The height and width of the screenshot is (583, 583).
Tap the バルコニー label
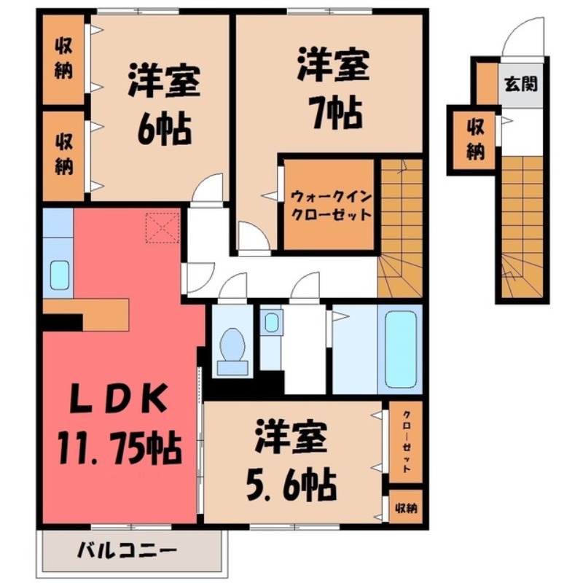(x=127, y=550)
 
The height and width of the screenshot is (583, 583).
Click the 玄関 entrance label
(x=521, y=83)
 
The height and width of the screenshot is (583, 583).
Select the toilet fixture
(x=234, y=347)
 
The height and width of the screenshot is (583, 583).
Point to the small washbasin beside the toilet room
(x=272, y=321)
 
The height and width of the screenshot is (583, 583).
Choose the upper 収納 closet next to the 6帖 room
(x=63, y=59)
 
